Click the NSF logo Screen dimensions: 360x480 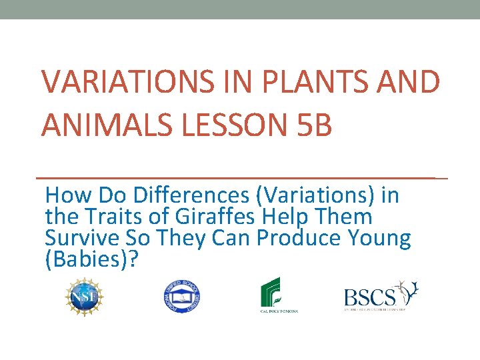(x=85, y=295)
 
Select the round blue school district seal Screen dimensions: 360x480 (x=182, y=295)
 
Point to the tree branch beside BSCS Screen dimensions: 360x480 (x=407, y=291)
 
